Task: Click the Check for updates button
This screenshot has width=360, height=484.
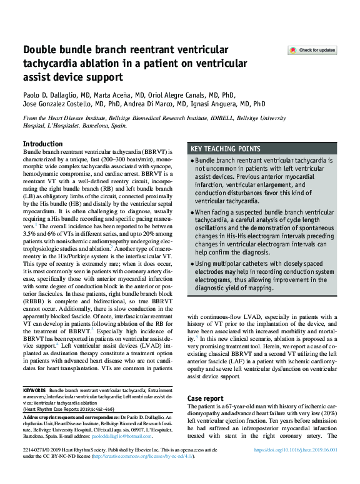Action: [x=312, y=50]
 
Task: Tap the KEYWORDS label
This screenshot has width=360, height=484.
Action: [x=34, y=390]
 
